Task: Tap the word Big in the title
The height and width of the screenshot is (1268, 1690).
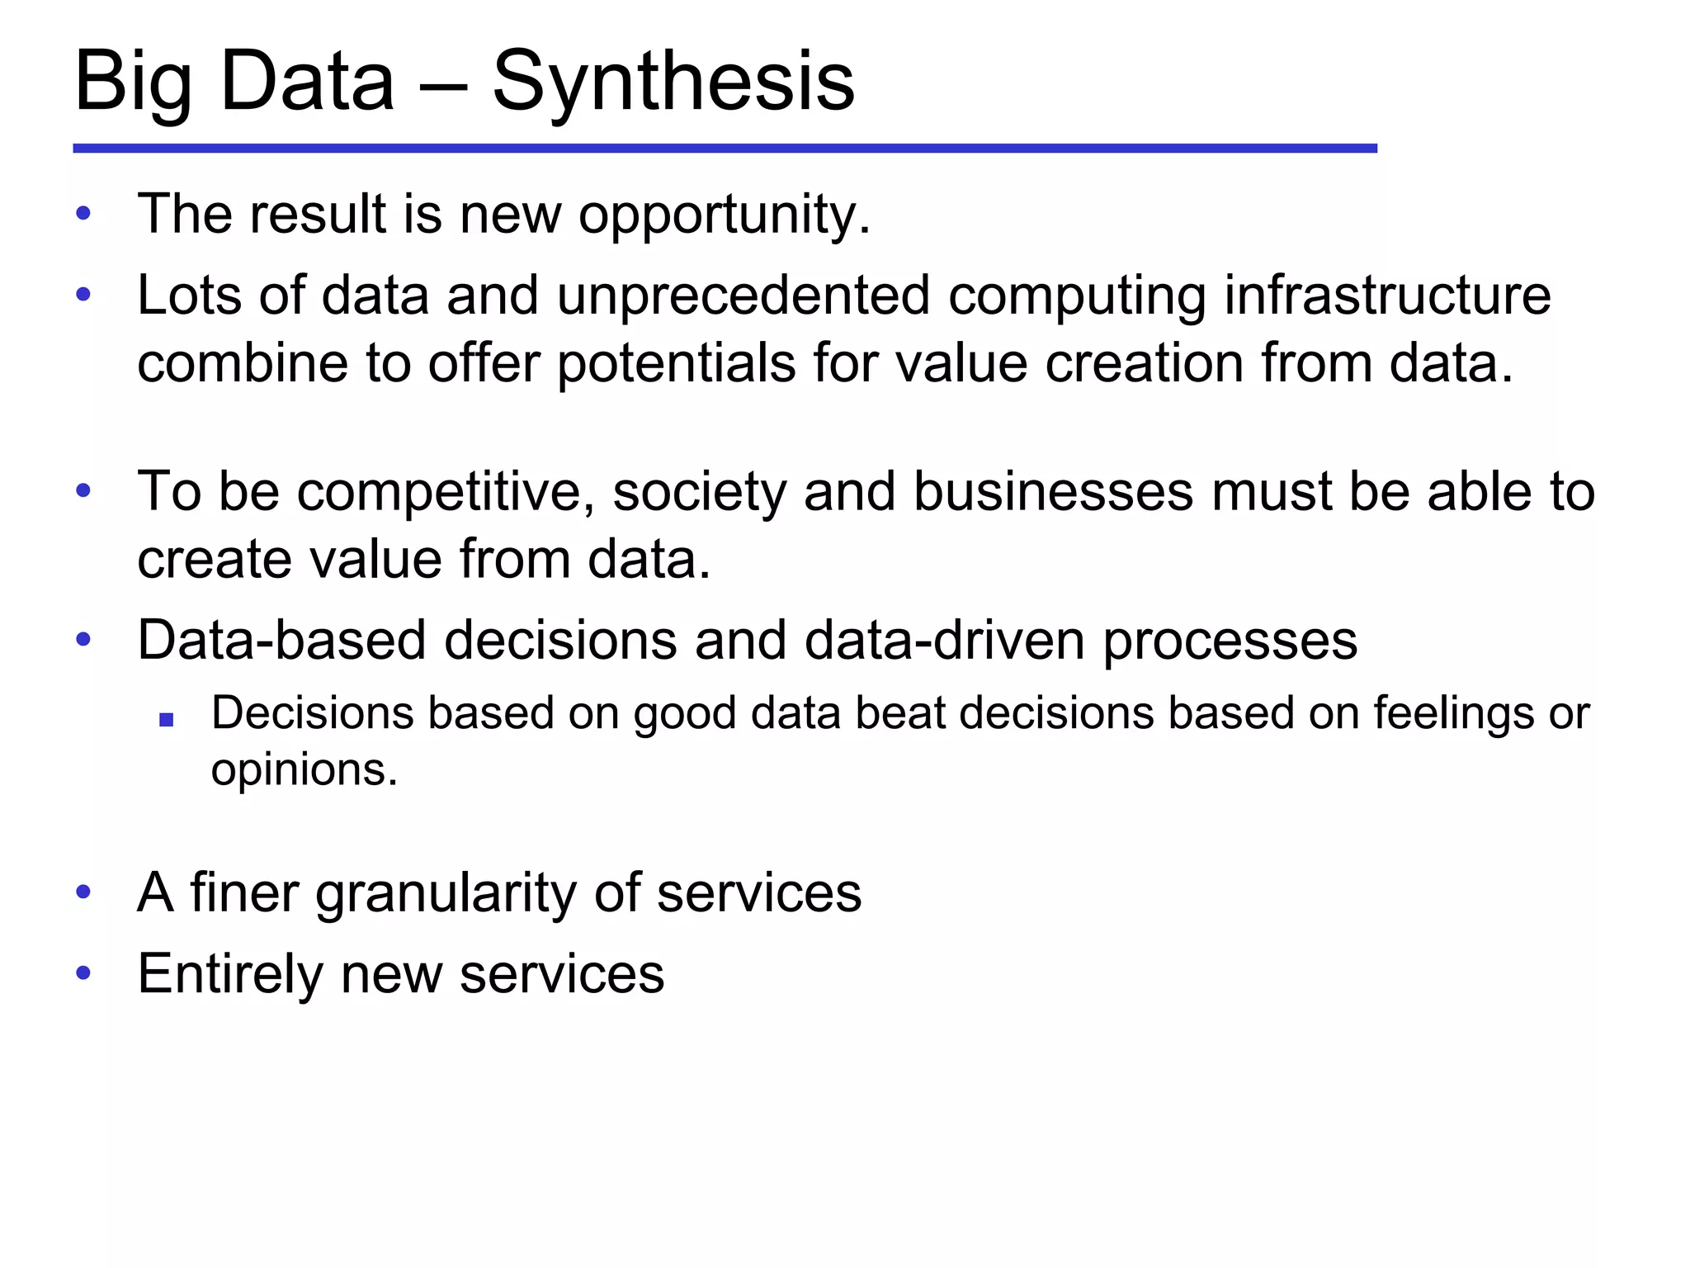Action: point(132,81)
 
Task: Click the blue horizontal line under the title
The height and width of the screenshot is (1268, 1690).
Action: point(725,149)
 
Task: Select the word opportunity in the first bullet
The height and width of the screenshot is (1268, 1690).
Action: point(724,215)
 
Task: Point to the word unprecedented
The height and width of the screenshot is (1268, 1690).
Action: point(743,295)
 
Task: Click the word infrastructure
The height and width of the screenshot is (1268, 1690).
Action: point(1387,295)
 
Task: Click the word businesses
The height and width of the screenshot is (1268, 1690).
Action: point(1053,492)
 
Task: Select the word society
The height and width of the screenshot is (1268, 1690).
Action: point(699,492)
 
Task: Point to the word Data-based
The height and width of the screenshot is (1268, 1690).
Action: point(281,640)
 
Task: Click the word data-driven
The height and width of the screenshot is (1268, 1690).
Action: point(944,640)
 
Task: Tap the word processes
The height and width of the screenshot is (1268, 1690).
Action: point(1230,640)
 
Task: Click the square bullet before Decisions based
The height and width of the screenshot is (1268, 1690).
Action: point(166,720)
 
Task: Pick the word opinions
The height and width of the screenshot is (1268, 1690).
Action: point(304,769)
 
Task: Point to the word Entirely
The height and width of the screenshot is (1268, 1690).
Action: point(230,973)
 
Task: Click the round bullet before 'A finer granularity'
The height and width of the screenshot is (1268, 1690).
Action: point(83,892)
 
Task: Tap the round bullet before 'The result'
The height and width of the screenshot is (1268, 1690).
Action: point(83,213)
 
